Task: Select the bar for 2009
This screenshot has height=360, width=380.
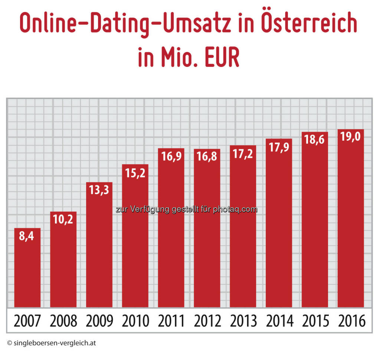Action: point(99,253)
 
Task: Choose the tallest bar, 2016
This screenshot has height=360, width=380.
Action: point(350,223)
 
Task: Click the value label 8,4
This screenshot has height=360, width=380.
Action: point(27,236)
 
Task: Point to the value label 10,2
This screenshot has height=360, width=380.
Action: point(63,219)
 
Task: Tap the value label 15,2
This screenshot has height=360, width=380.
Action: point(135,172)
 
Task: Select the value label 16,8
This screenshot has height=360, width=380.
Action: point(207,157)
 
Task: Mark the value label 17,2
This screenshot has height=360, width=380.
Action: point(243,153)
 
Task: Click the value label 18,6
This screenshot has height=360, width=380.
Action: point(315,140)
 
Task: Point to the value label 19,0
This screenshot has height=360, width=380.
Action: point(350,137)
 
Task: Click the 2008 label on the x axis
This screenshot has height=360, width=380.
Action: point(63,321)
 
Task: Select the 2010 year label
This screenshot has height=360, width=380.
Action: point(135,321)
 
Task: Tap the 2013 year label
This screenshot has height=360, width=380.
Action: point(243,321)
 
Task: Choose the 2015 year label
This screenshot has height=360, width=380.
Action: point(315,321)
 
